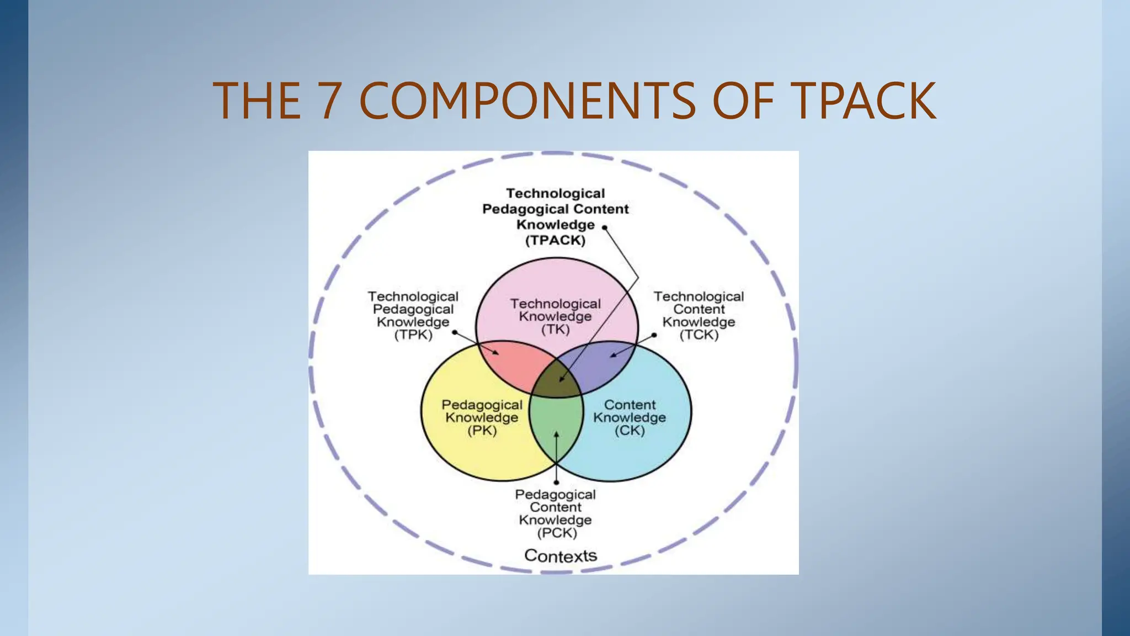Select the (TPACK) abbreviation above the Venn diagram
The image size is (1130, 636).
coord(555,240)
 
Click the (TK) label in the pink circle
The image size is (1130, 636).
coord(555,330)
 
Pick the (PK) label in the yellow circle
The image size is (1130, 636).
coord(482,431)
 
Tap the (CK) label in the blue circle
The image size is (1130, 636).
coord(630,431)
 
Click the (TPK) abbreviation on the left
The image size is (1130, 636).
coord(413,335)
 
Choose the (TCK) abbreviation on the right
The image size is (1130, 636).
coord(699,335)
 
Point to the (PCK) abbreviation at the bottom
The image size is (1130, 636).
coord(557,533)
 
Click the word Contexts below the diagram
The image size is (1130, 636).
coord(561,555)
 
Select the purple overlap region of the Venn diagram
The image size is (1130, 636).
coord(604,364)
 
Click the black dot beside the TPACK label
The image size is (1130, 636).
coord(605,227)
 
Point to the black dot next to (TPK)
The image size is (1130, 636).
coord(454,332)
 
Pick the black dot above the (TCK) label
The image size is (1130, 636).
coord(654,335)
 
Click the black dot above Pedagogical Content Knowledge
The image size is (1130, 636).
coord(556,483)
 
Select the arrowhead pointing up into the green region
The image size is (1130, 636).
coord(556,435)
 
